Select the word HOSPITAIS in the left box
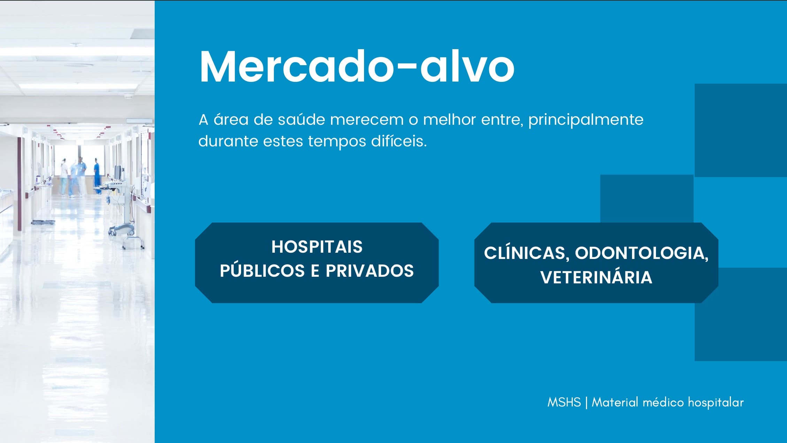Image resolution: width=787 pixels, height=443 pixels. tap(317, 247)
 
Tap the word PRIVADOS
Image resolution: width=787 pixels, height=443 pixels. tap(370, 271)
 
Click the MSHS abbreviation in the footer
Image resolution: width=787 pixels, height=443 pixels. tap(564, 402)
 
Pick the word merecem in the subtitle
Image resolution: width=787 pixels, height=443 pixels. tap(367, 120)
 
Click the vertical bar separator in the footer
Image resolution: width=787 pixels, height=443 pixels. tap(586, 403)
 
